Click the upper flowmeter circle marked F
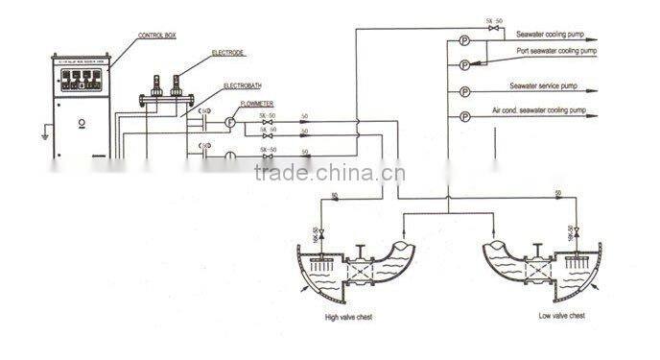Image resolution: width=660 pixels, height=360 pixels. pyautogui.click(x=230, y=122)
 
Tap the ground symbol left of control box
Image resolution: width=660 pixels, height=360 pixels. pyautogui.click(x=43, y=134)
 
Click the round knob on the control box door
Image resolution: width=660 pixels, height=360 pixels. pyautogui.click(x=83, y=122)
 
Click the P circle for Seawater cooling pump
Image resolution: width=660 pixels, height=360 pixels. pyautogui.click(x=465, y=40)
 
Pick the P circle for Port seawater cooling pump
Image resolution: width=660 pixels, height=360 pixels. pyautogui.click(x=465, y=65)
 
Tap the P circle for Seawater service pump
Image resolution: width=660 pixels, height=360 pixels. pyautogui.click(x=465, y=92)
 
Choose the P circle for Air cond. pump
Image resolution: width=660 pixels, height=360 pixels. pyautogui.click(x=465, y=118)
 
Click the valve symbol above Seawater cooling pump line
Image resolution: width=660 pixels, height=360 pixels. pyautogui.click(x=494, y=31)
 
